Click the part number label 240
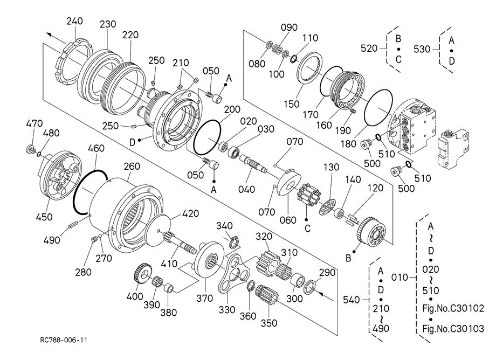coord(74,21)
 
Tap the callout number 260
coord(132,166)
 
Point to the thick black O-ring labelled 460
coord(91,192)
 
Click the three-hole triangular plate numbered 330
coord(233,273)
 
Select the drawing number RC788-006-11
coord(64,340)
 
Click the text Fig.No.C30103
coord(453,329)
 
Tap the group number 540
coord(352,299)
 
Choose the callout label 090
coord(289,27)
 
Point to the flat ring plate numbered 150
coord(309,68)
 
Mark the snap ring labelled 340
coord(233,241)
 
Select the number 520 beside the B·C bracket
coord(369,49)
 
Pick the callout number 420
coord(190,213)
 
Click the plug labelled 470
coord(30,149)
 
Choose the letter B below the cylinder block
coord(348,258)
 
